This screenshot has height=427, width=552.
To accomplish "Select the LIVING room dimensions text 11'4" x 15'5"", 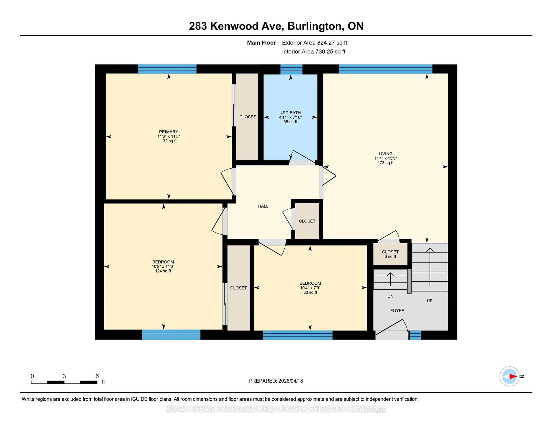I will pos(385,158).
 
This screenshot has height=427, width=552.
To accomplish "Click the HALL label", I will pos(263,206).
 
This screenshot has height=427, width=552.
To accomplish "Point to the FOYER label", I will pos(397,310).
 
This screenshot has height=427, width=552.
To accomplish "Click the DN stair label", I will pos(390,296).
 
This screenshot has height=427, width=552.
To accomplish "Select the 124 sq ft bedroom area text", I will pos(163,271).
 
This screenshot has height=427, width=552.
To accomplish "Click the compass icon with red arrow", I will pos(509,376).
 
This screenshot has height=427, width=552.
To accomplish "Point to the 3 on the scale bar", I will pos(64,376).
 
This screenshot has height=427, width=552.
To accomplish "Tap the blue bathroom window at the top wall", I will pos(291,69).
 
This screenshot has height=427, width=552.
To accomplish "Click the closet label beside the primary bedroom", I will pos(247,117).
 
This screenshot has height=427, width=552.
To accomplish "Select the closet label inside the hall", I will pos(307,221).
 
